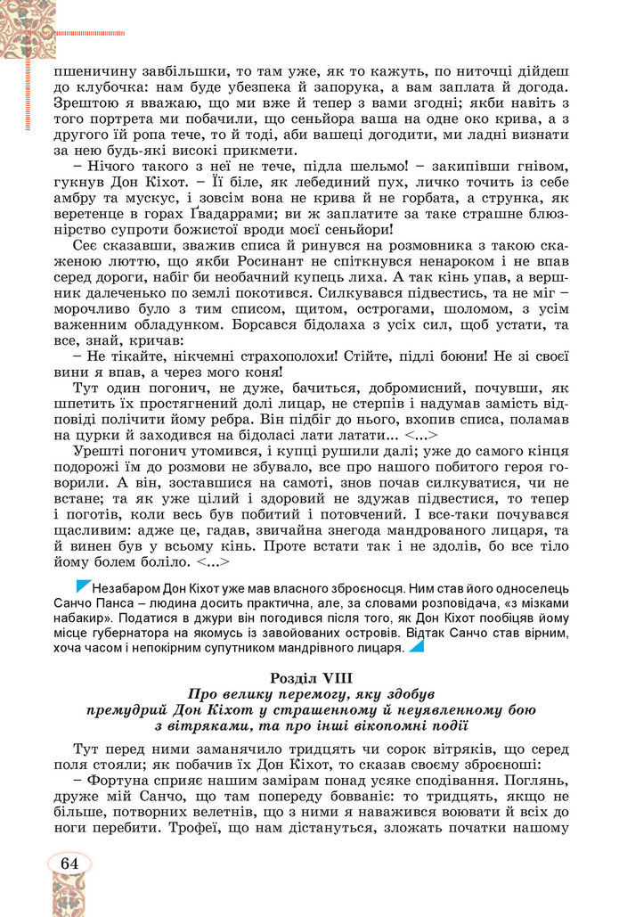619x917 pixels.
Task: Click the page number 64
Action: (x=69, y=863)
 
